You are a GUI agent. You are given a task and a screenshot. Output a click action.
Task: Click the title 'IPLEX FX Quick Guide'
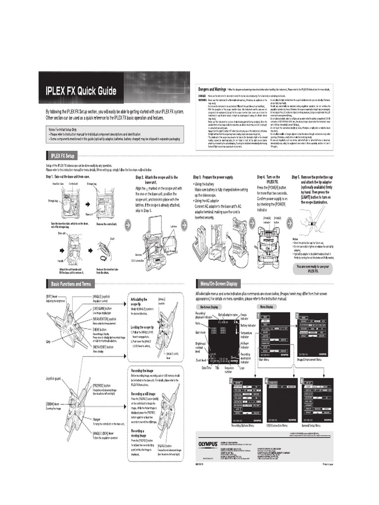coord(81,91)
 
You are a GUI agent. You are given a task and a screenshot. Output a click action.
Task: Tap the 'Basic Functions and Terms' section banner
coord(71,284)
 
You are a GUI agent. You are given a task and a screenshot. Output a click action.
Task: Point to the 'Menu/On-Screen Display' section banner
coord(218,284)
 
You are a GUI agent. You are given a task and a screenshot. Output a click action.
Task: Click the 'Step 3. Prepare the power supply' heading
coord(213,177)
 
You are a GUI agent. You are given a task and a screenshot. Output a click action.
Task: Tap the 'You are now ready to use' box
coord(313,268)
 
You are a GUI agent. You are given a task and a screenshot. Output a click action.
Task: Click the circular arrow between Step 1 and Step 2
coord(128,225)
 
